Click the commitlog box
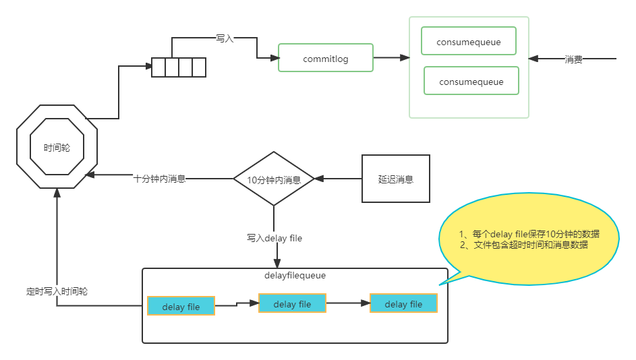326,59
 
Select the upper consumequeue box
469,42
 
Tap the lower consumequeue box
471,82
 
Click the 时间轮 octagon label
57,148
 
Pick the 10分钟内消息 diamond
274,179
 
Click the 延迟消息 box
396,179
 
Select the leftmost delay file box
181,306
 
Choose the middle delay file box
292,303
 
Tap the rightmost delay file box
403,303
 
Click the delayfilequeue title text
295,276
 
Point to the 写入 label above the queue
225,38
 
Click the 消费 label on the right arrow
573,59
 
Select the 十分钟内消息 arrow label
160,179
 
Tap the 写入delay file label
274,237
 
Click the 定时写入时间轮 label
57,291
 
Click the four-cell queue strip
179,67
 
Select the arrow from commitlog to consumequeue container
391,59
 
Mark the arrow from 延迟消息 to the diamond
338,179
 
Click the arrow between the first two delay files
237,305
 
